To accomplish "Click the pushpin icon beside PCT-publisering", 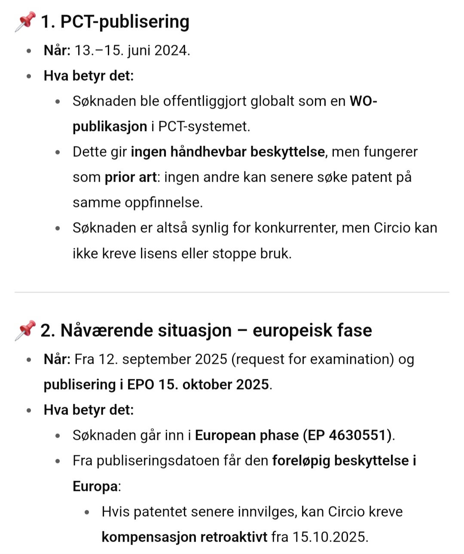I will point(25,21).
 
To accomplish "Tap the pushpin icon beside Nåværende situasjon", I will point(25,330).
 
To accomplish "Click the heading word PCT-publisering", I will point(125,21).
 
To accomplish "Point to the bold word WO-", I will point(363,101).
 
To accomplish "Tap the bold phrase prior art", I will point(131,177).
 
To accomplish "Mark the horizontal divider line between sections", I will point(232,292).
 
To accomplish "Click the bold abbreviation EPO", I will point(140,384).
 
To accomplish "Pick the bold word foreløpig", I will point(301,460).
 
